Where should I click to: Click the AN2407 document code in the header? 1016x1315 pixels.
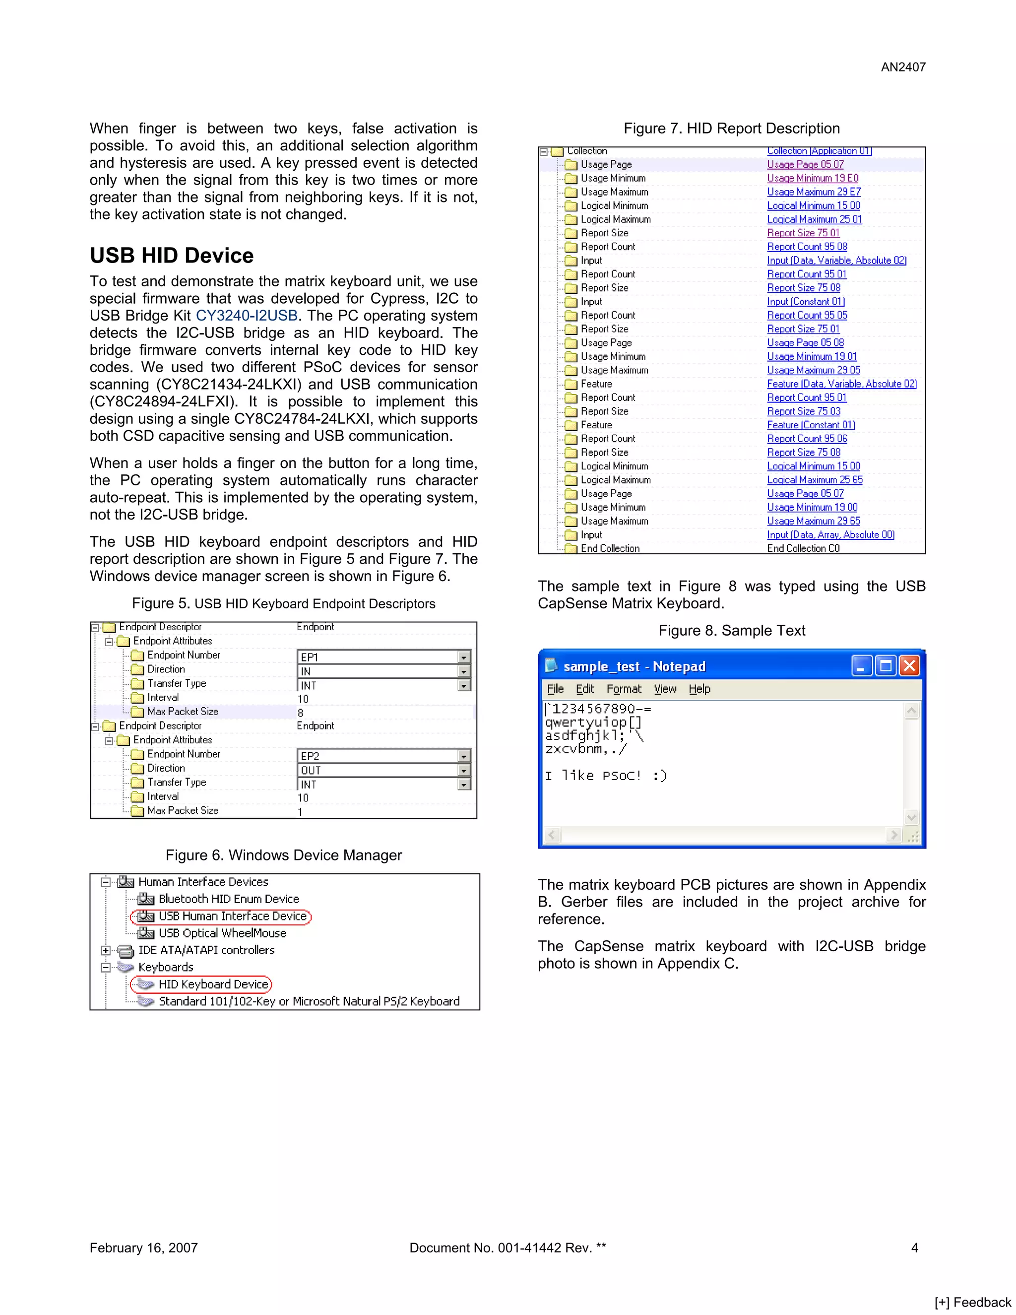pos(903,67)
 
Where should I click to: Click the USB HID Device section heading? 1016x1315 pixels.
pos(172,255)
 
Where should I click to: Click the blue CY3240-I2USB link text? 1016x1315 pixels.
pos(247,316)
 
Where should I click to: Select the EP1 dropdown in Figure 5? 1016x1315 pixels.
pos(383,657)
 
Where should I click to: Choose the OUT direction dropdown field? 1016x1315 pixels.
pos(383,770)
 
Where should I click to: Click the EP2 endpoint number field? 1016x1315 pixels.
pos(383,756)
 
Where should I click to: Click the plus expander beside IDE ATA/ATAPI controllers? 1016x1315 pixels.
pos(105,951)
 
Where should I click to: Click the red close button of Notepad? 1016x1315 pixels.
pos(909,666)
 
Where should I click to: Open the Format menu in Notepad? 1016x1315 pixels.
pos(624,689)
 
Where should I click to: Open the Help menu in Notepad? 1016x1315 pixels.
pos(699,689)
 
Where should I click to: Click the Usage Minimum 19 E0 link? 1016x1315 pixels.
pos(813,178)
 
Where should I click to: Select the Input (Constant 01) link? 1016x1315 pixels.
pos(805,302)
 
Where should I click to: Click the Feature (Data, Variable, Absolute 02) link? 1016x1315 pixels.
pos(841,384)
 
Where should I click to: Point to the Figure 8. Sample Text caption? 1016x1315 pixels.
pos(731,630)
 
